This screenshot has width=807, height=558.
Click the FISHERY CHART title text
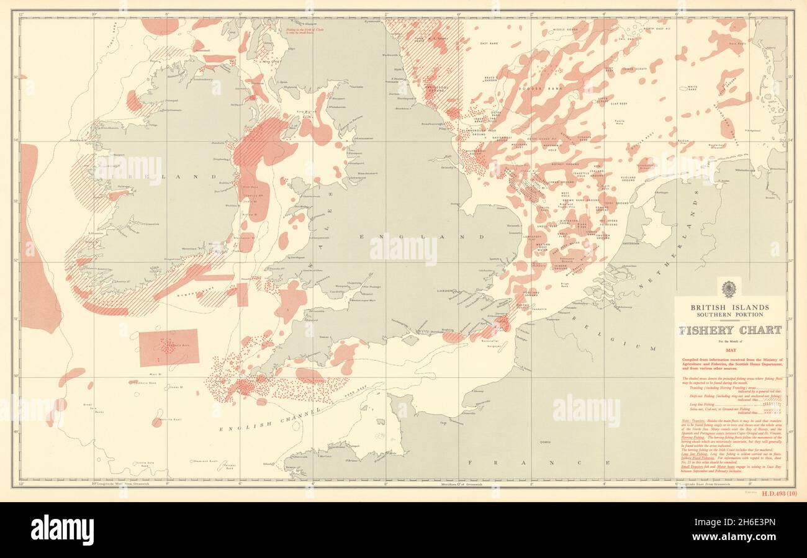731,331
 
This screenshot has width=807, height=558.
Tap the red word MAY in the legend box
731,348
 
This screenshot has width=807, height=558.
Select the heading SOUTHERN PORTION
731,315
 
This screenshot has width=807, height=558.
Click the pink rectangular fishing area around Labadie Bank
169,348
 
